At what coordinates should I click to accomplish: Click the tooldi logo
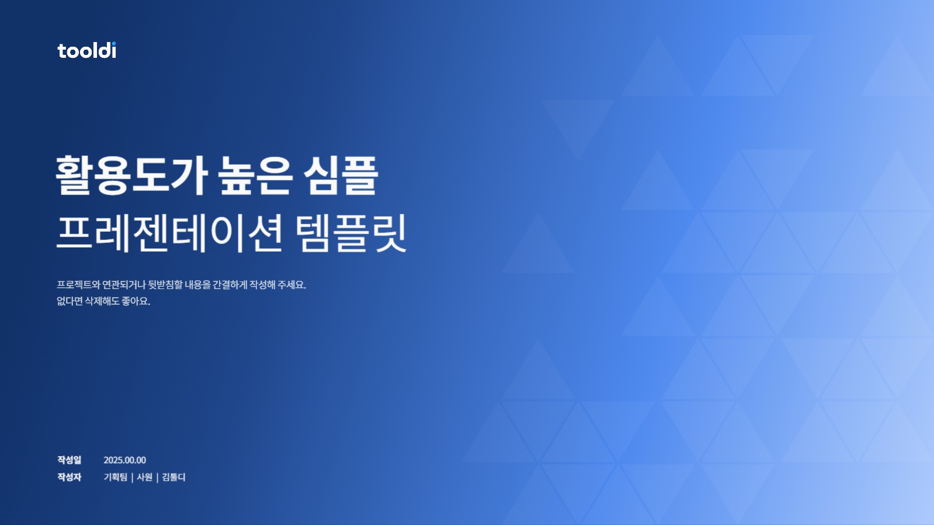[x=86, y=51]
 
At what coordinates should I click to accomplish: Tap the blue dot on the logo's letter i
[x=113, y=43]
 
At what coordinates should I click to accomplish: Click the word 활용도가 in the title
[x=131, y=175]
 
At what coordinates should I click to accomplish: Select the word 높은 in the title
[x=255, y=175]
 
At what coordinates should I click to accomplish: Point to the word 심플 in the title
[x=341, y=175]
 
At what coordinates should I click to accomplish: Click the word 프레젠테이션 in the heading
[x=170, y=233]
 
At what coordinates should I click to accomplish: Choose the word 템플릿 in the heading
[x=350, y=233]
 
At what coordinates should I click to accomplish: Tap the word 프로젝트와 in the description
[x=78, y=285]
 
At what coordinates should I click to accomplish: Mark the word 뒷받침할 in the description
[x=165, y=285]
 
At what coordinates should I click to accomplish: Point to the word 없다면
[x=70, y=301]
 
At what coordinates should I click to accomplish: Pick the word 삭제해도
[x=102, y=301]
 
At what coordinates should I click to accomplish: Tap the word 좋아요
[x=136, y=301]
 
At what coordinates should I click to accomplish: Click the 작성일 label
[x=69, y=460]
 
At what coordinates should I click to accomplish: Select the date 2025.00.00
[x=124, y=460]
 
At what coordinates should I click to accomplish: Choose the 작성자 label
[x=69, y=477]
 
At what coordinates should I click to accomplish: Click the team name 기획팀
[x=115, y=477]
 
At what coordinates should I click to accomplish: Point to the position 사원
[x=144, y=477]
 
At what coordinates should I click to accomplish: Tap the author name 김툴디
[x=173, y=477]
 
